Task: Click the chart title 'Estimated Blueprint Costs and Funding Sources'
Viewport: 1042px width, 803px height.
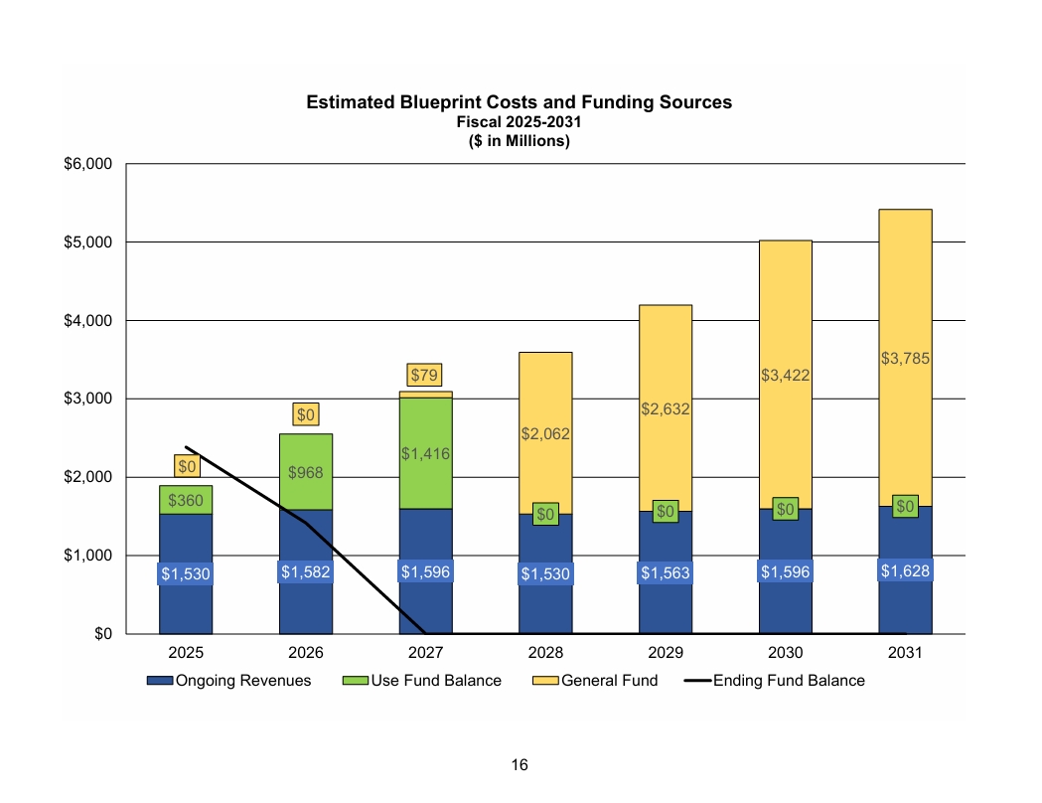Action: tap(519, 102)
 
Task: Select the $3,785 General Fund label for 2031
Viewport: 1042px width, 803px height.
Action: tap(905, 359)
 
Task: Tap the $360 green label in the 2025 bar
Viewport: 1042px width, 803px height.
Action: tap(186, 500)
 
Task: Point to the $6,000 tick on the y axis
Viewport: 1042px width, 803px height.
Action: tap(87, 164)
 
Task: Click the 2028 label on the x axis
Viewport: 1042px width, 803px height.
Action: tap(545, 654)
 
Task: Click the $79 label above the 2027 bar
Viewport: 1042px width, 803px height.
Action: tap(425, 375)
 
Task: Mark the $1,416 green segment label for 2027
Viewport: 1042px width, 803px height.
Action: tap(425, 453)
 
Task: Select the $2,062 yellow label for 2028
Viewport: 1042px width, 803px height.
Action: tap(545, 433)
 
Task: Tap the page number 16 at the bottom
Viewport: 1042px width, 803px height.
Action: tap(520, 764)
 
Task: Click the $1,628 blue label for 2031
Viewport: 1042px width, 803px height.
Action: tap(905, 570)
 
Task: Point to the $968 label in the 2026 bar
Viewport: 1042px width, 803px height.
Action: tap(305, 473)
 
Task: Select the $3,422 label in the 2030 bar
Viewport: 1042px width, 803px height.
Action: tap(785, 375)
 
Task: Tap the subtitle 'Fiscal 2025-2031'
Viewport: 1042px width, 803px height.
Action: tap(519, 122)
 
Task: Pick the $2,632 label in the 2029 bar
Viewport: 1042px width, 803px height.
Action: tap(666, 408)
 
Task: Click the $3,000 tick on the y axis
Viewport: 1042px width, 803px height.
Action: tap(87, 399)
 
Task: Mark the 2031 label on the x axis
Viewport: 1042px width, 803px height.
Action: tap(905, 654)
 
